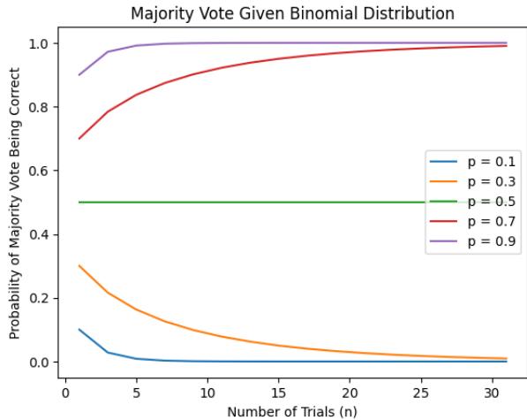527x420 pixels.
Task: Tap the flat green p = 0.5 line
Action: [x=265, y=202]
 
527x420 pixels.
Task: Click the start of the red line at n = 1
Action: [x=79, y=139]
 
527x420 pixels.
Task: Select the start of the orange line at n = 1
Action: [x=79, y=266]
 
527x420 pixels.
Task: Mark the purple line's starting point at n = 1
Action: [x=79, y=75]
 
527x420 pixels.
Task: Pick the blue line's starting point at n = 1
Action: [x=79, y=330]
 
